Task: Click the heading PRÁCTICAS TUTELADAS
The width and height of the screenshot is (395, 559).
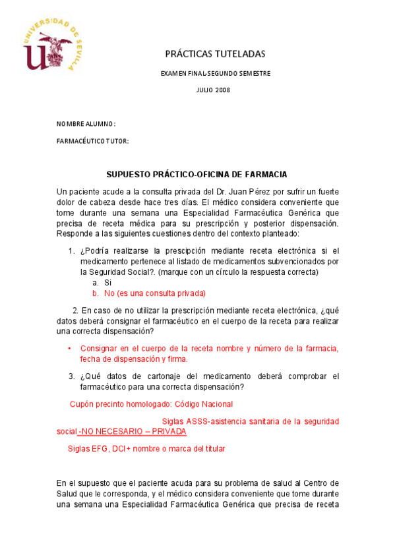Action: pyautogui.click(x=214, y=53)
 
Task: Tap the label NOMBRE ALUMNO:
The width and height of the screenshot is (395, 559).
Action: pyautogui.click(x=86, y=124)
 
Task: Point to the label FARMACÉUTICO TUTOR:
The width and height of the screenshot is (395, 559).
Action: pyautogui.click(x=92, y=141)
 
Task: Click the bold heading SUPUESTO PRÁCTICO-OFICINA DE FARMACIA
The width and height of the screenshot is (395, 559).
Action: pyautogui.click(x=197, y=174)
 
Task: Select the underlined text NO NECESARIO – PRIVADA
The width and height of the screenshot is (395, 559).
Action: pyautogui.click(x=132, y=431)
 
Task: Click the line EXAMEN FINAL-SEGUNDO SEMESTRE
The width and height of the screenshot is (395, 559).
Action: pyautogui.click(x=215, y=73)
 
